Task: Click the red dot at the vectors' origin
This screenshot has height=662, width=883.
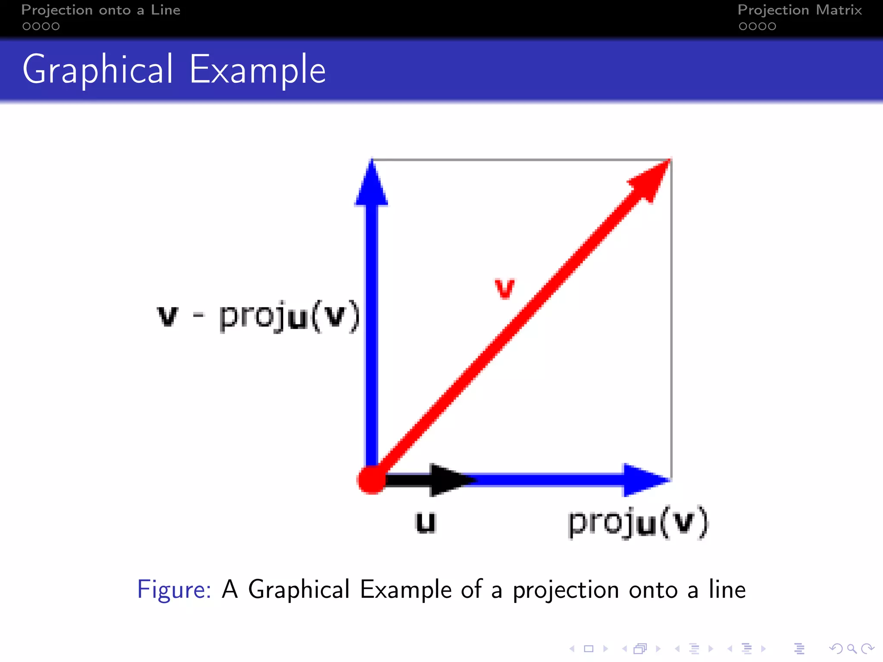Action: coord(371,479)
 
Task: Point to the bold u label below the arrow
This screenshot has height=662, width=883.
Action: coord(426,522)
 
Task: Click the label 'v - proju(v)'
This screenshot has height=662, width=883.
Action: coord(258,317)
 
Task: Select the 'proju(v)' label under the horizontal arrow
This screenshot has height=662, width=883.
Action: coord(637,522)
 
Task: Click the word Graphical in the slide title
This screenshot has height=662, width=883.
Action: coord(97,70)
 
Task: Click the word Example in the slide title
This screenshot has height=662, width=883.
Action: coord(257,70)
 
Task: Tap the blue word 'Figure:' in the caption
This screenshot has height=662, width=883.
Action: coord(174,590)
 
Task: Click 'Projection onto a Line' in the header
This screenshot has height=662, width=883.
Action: coord(100,10)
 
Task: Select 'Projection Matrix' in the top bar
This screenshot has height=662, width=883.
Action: coord(799,10)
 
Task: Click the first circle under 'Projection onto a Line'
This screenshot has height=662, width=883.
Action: coord(26,26)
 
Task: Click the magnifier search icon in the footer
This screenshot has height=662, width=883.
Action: coord(852,648)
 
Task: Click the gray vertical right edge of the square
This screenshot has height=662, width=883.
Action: coord(671,319)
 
